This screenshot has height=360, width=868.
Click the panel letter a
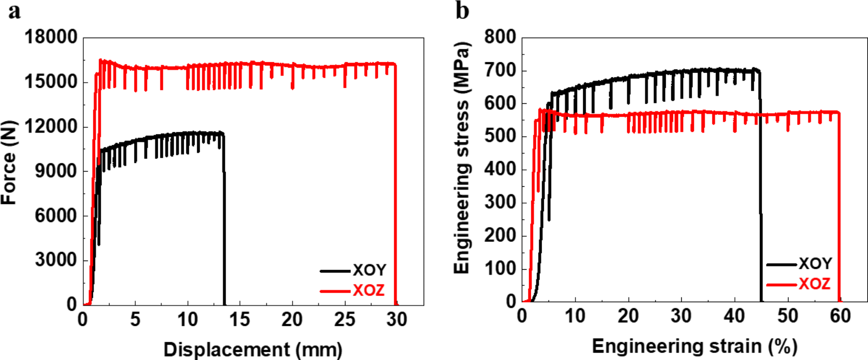14,12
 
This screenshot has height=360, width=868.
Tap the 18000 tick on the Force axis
51,37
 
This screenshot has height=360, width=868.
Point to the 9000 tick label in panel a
56,171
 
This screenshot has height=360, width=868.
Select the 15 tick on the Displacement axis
239,320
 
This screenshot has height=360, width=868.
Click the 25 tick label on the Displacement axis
345,320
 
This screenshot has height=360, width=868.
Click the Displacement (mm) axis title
253,349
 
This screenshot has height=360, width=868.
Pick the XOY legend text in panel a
369,270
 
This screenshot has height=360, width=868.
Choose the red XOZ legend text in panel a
368,290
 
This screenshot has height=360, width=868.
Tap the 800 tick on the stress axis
500,37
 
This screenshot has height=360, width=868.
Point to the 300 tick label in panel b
500,202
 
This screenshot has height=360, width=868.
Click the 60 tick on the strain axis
840,316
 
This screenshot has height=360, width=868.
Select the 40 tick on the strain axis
734,316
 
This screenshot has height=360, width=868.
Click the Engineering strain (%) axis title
694,346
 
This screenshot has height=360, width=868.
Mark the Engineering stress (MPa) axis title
462,158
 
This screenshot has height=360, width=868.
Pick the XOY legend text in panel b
815,264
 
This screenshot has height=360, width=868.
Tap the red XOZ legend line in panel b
782,284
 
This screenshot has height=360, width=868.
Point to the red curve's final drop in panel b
839,216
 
